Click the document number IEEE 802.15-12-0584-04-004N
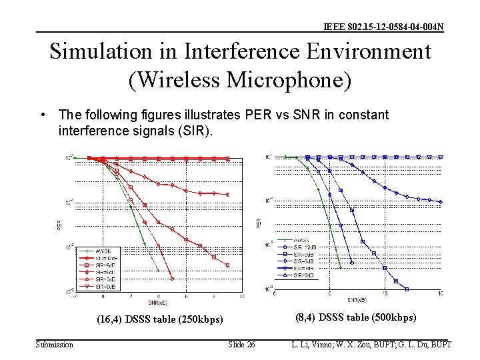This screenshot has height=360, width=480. tap(383, 27)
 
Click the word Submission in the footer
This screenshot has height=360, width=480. tap(55, 345)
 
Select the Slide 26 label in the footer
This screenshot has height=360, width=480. tap(241, 345)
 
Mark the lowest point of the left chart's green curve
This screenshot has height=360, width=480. tap(159, 271)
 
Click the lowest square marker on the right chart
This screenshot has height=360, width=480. tap(407, 289)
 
